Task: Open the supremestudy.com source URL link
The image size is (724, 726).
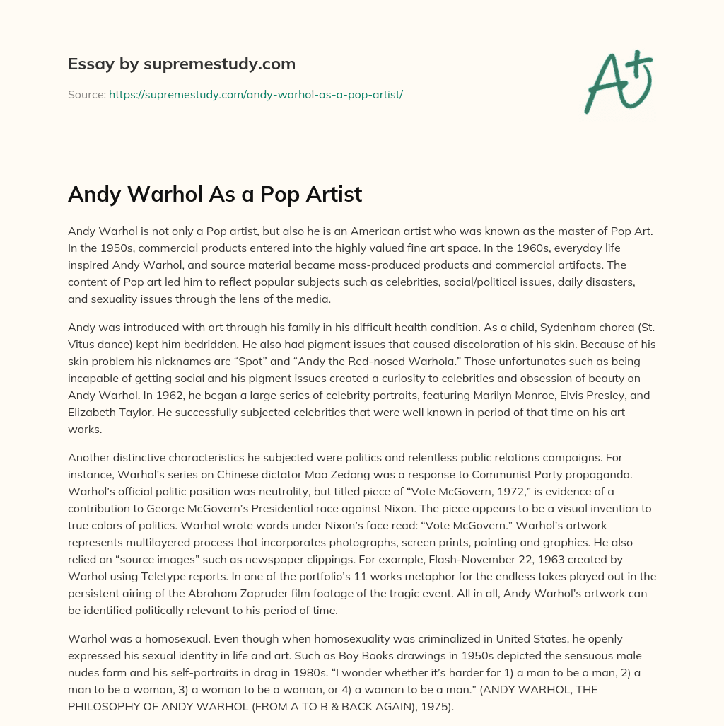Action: (x=255, y=94)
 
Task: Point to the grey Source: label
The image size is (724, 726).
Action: (x=86, y=94)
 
